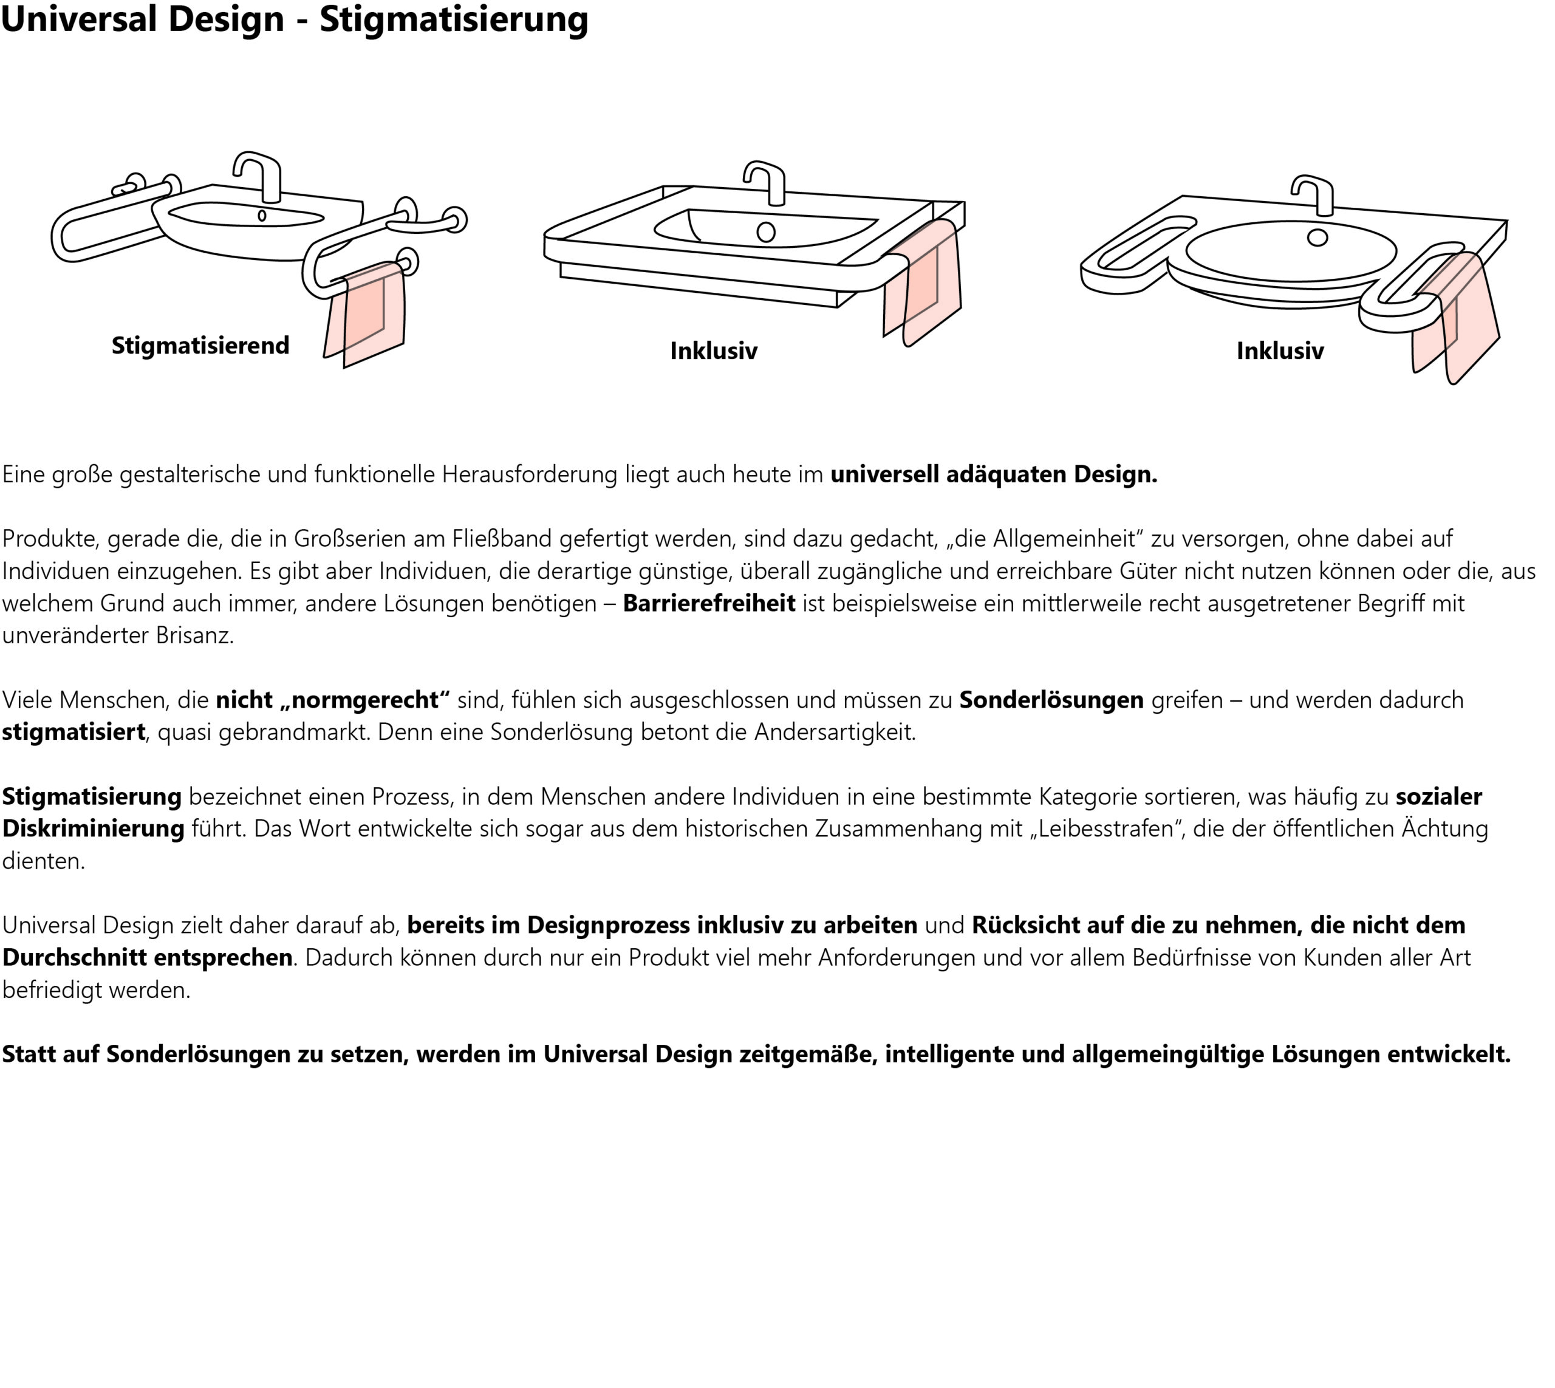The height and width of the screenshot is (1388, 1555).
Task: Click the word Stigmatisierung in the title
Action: pos(454,20)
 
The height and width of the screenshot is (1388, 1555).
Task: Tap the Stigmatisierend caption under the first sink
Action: pos(200,346)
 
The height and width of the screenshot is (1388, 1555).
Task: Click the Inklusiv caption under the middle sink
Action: pos(714,351)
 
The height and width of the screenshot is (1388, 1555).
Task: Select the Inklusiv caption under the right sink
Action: pos(1280,351)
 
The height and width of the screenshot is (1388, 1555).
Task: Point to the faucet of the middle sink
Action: pos(769,182)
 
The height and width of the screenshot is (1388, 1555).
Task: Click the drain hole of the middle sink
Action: pos(766,232)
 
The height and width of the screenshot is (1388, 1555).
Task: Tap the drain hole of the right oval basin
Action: pos(1317,237)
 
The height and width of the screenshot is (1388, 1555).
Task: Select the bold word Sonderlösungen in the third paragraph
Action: pos(1051,700)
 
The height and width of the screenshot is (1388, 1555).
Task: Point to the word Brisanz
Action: pos(194,635)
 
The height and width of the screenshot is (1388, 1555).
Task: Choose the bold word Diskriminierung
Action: pos(93,829)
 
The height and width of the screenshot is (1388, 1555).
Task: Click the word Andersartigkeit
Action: pos(835,732)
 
